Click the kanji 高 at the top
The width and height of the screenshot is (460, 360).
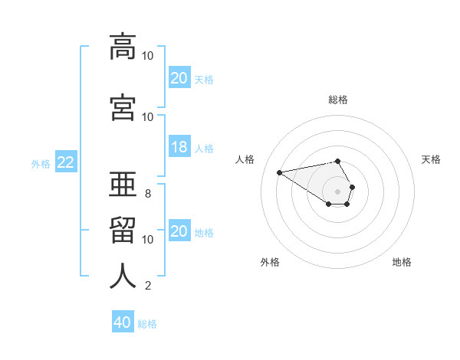tap(123, 47)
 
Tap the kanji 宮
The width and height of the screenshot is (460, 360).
tap(123, 108)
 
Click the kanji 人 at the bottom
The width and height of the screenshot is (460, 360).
tap(123, 276)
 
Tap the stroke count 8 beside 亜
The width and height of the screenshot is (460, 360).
tap(148, 194)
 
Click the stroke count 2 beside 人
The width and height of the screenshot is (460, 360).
tap(148, 286)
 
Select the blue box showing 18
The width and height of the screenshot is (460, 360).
tap(179, 147)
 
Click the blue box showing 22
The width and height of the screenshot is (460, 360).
tap(65, 162)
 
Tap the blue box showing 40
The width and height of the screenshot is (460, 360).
tap(123, 322)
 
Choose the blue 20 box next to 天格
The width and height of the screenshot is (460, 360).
tap(179, 78)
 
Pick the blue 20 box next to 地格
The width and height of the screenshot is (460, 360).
tap(179, 231)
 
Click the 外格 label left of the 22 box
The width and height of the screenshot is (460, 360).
tap(41, 163)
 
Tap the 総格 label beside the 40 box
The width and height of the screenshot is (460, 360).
tap(147, 323)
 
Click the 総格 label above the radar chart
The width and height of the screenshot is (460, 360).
tap(338, 100)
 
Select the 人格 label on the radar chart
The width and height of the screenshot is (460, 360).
tap(245, 159)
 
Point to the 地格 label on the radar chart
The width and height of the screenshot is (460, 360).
tap(402, 262)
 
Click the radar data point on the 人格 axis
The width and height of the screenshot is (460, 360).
tap(280, 172)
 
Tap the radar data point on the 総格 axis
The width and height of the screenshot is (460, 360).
tap(337, 161)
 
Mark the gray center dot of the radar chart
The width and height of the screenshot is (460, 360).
tap(338, 191)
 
